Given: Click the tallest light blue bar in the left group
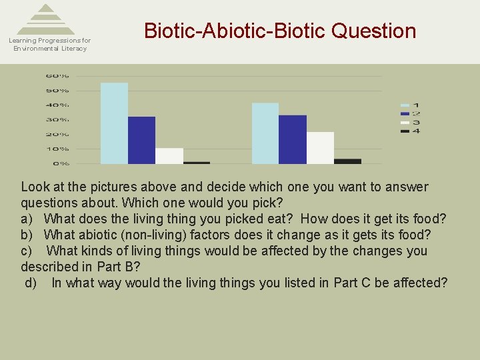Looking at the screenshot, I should (114, 123).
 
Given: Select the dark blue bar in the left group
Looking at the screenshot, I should (141, 140).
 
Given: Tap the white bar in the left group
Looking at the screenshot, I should (169, 155).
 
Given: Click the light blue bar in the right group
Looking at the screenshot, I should (265, 133).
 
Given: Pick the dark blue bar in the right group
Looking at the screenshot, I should (293, 139).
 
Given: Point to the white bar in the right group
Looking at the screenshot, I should (320, 147).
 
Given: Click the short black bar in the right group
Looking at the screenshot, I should (347, 161).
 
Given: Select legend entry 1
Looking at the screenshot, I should (409, 105).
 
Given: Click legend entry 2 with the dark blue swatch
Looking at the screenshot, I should (409, 114).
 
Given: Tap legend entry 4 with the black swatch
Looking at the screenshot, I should (409, 131).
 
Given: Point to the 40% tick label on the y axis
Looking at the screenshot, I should (57, 105).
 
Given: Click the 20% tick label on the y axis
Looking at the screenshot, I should (57, 135).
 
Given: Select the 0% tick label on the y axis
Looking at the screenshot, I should (61, 163).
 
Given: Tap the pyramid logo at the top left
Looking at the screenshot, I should (46, 19).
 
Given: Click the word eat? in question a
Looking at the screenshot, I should (281, 219).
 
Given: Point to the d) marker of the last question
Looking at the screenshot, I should (31, 283).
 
